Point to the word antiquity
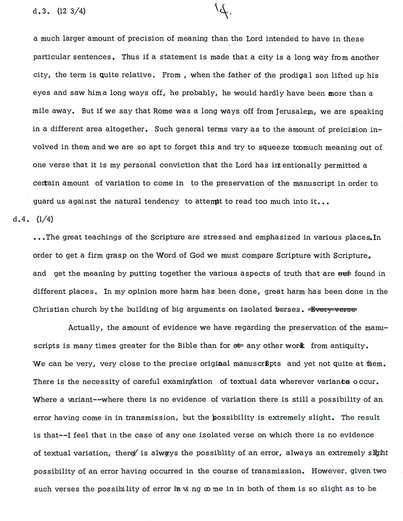coord(346,345)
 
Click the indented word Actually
coord(85,328)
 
